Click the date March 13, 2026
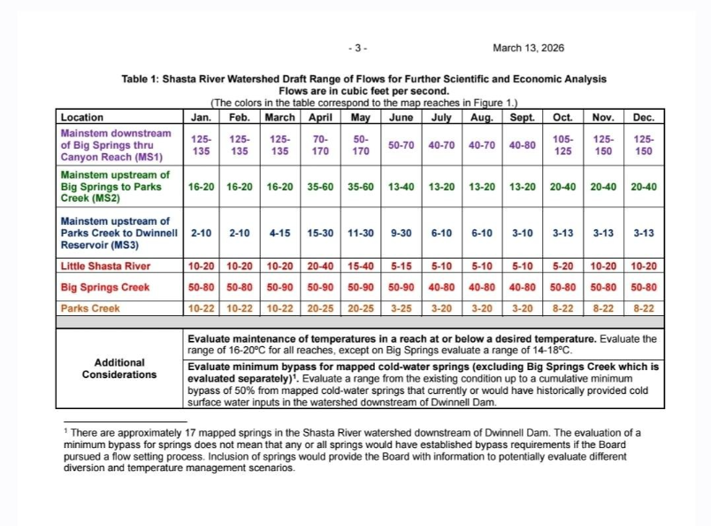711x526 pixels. click(x=528, y=48)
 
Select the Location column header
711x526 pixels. click(x=82, y=117)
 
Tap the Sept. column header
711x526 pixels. click(x=522, y=117)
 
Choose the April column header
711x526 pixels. click(x=320, y=117)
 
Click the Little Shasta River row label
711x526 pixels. click(x=105, y=266)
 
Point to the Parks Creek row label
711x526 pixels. click(x=90, y=308)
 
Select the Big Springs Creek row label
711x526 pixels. click(x=105, y=287)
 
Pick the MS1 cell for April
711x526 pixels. click(x=320, y=145)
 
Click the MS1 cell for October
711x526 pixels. click(x=562, y=145)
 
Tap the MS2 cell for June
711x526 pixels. click(x=401, y=188)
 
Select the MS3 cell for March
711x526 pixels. click(x=280, y=233)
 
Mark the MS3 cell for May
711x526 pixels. click(x=360, y=233)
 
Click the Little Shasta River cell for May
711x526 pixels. click(x=360, y=266)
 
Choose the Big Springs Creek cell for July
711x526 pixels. click(x=441, y=287)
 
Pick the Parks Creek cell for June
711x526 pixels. click(x=401, y=308)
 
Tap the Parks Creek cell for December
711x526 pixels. click(x=644, y=308)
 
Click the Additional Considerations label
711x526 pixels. click(x=119, y=368)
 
